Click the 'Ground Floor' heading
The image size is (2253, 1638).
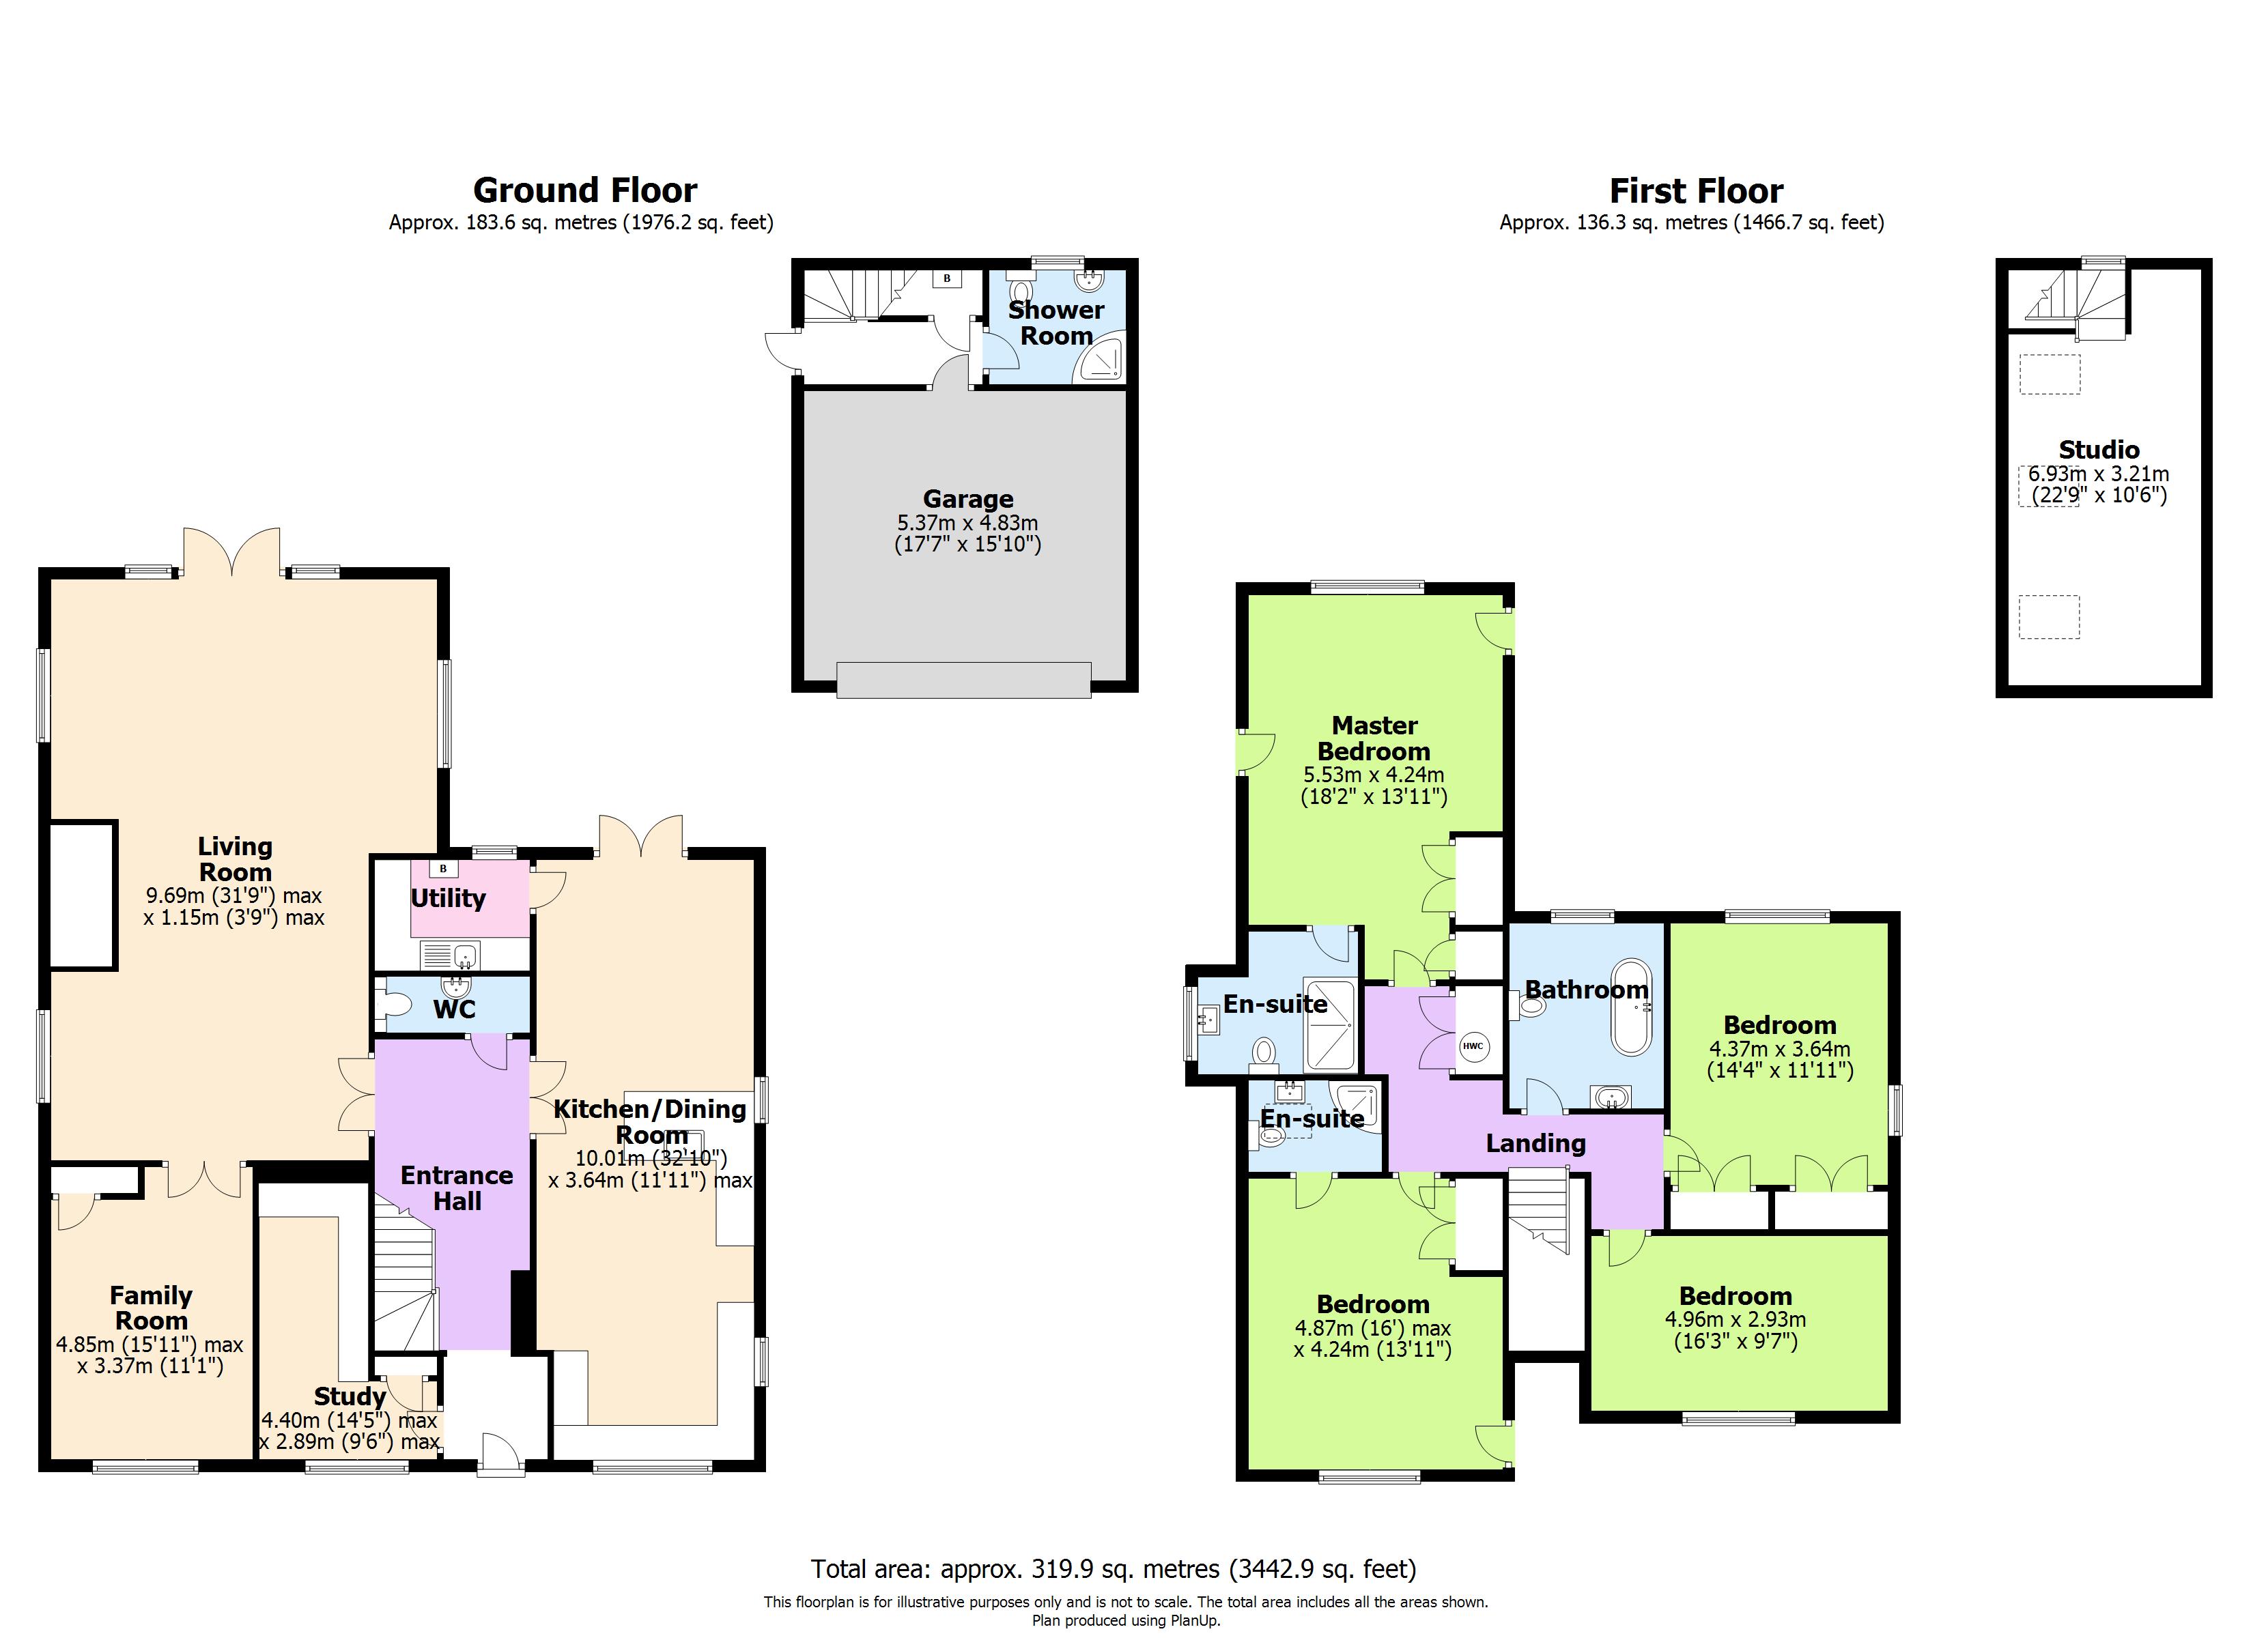coord(584,190)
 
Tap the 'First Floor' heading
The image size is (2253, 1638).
coord(1696,190)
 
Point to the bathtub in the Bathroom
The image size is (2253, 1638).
coord(1630,1006)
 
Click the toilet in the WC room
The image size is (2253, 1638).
coord(395,1005)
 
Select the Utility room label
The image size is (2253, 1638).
coord(448,898)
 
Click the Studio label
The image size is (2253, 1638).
coord(2098,449)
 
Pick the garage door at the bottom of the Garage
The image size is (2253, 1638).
coord(963,680)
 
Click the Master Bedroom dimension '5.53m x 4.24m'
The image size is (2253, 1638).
coord(1374,775)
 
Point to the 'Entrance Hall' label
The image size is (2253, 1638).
coord(456,1188)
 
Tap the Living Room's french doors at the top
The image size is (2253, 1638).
coord(231,552)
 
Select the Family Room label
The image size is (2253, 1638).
coord(151,1308)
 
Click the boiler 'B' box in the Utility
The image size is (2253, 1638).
coord(443,868)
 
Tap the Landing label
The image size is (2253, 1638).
coord(1535,1143)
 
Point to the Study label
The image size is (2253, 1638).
coord(350,1396)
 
